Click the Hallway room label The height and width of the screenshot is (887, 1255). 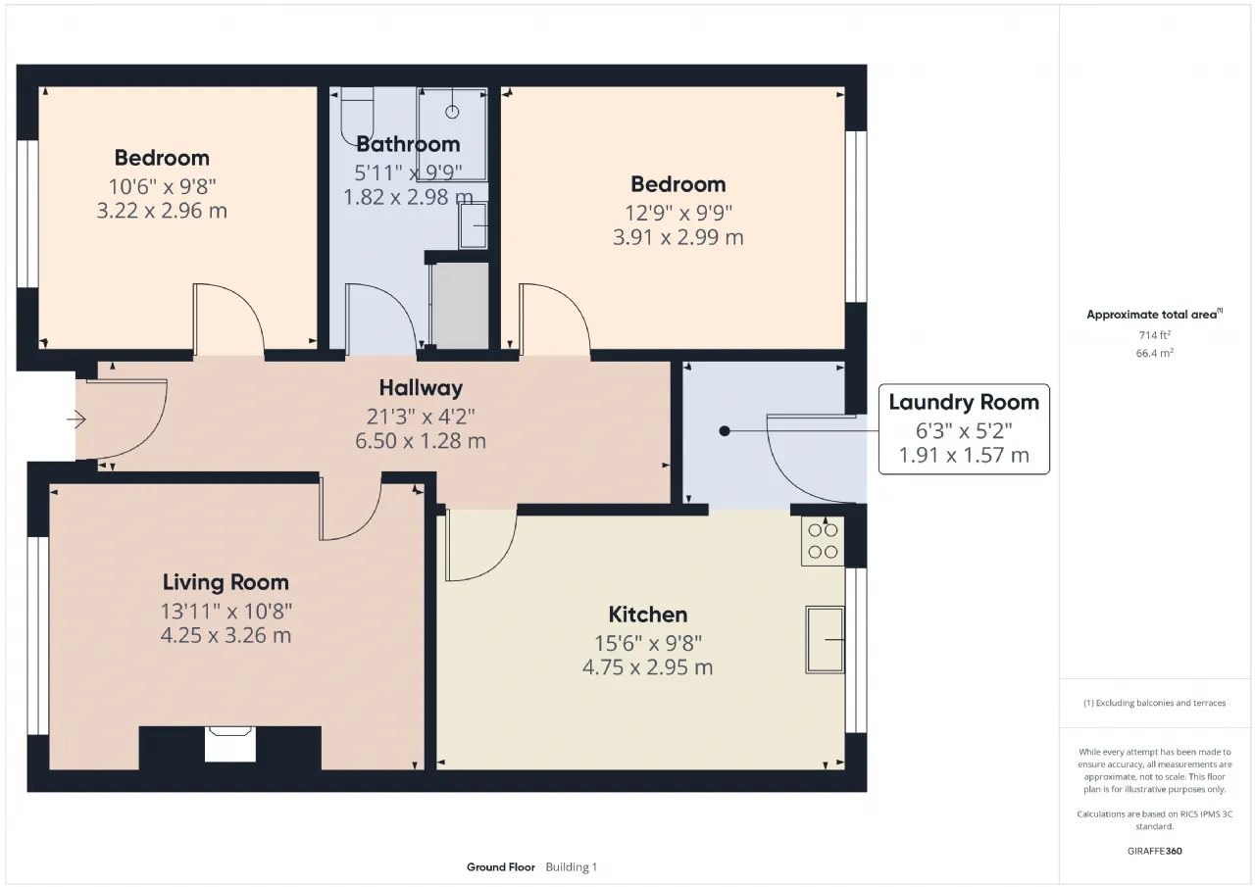pos(421,388)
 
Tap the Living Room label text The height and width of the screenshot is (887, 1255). pos(226,582)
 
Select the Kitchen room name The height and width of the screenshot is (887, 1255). pos(648,615)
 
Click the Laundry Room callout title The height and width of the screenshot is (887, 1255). pos(964,403)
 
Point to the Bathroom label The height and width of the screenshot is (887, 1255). pos(408,144)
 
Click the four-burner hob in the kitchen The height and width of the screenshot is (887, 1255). pos(823,541)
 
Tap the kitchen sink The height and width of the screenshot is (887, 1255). pos(825,639)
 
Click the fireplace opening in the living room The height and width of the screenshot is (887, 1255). pos(230,744)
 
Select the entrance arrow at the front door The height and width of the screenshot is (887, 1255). pos(76,419)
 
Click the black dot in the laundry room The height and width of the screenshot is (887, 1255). pos(725,431)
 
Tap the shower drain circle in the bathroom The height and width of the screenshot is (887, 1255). pos(452,112)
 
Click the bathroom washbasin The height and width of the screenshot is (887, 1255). pos(474,225)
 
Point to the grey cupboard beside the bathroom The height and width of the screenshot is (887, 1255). pos(460,305)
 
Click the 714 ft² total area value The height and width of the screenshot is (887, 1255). pos(1155,335)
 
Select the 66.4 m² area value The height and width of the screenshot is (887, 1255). pos(1155,353)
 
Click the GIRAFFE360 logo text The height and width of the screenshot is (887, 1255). pos(1155,851)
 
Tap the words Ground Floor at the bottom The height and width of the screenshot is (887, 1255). pos(501,866)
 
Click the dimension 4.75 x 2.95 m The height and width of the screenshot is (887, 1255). pos(648,667)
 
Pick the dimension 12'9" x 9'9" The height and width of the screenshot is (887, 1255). pos(678,213)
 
